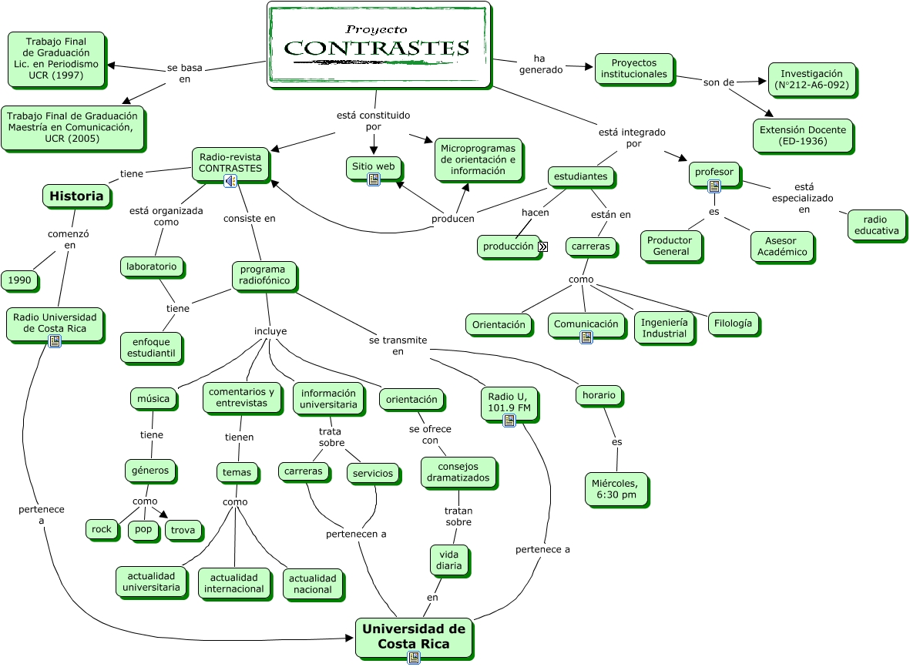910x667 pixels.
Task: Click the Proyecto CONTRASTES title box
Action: (379, 45)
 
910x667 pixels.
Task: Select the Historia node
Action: (76, 196)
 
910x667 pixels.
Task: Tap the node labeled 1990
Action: (20, 280)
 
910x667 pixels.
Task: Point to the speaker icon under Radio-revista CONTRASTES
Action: (230, 181)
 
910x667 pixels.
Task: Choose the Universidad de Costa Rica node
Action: (414, 637)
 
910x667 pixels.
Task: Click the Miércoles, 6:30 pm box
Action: (616, 489)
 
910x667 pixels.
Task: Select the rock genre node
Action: (102, 529)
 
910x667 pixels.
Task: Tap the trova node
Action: (183, 530)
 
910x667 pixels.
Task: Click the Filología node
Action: (733, 323)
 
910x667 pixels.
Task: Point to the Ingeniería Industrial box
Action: (664, 327)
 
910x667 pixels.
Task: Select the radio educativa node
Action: (876, 225)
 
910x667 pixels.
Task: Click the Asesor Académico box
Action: (782, 246)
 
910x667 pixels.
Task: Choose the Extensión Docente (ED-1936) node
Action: (803, 136)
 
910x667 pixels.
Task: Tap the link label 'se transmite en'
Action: (398, 346)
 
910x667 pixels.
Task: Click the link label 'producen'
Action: (452, 219)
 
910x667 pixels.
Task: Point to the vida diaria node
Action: (449, 560)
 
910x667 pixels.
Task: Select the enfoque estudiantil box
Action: (151, 347)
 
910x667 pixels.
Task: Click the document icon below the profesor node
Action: (714, 186)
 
